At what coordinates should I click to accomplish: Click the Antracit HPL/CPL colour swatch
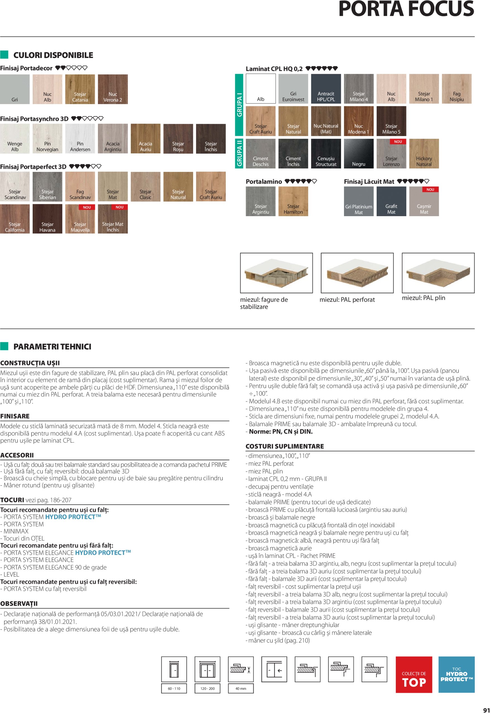pos(326,89)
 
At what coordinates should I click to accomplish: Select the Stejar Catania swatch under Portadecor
pos(80,89)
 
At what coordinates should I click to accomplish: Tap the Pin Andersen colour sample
pos(80,139)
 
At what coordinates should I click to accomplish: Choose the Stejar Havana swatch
pos(47,219)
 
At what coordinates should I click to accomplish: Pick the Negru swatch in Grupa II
pos(358,153)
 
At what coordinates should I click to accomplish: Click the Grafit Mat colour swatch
pos(391,201)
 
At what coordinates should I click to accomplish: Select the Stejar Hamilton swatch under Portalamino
pos(293,201)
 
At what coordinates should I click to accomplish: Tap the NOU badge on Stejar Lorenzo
pos(398,142)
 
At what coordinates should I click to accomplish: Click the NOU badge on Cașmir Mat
pos(430,190)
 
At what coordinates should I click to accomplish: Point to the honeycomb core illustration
pos(276,273)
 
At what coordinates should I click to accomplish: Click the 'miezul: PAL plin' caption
pos(423,298)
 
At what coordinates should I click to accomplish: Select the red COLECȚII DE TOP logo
pos(413,675)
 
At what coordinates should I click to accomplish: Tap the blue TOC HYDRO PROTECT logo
pos(456,674)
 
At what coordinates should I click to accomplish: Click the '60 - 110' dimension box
pos(174,688)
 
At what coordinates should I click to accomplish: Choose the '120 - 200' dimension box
pos(207,688)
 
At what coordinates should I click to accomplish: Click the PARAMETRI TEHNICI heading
pos(52,347)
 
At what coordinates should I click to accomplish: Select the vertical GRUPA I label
pos(239,105)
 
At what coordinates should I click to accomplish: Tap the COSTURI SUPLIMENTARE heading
pos(285,446)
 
